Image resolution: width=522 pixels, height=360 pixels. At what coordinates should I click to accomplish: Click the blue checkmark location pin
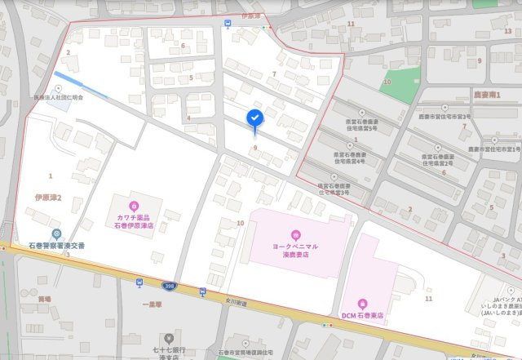click(254, 119)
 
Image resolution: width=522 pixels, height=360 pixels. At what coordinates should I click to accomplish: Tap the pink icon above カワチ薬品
click(133, 205)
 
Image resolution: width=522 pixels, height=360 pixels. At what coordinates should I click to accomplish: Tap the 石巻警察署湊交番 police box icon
click(55, 233)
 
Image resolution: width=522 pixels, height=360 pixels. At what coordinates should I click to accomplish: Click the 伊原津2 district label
click(48, 198)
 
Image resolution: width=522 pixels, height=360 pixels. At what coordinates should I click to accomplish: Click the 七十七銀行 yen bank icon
click(170, 337)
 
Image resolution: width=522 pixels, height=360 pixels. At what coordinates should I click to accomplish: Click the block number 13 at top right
click(507, 30)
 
